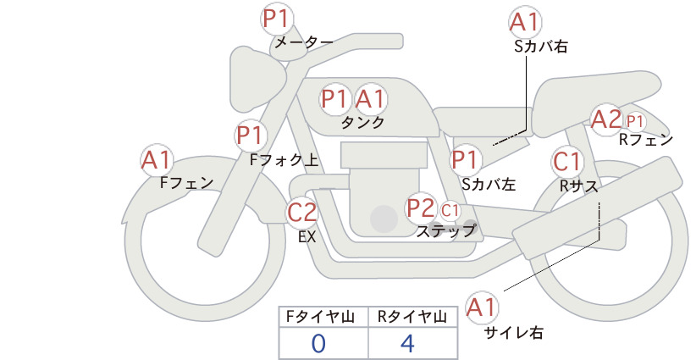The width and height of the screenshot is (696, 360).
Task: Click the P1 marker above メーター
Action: tap(277, 19)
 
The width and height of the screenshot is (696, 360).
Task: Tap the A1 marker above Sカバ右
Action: tap(525, 23)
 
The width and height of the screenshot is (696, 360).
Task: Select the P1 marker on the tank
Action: tap(334, 99)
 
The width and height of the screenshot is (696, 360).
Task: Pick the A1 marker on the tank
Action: tap(370, 99)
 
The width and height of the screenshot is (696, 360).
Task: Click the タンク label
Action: tap(362, 123)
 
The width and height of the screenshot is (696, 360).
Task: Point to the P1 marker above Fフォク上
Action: tap(251, 135)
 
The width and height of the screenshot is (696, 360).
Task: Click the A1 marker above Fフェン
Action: tap(157, 160)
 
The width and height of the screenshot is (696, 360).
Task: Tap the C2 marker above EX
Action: tap(301, 212)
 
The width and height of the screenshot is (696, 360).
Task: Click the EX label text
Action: tap(307, 237)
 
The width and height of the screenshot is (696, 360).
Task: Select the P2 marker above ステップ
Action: tap(420, 208)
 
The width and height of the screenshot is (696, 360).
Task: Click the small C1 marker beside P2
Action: tap(450, 210)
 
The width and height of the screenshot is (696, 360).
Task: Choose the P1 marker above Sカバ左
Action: tap(465, 159)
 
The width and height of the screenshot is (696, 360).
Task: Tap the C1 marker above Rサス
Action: tap(566, 161)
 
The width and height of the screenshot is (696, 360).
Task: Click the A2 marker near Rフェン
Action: tap(606, 119)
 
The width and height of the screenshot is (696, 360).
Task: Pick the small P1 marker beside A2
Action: tap(635, 121)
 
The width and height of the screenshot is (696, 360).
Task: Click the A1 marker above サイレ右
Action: tap(482, 307)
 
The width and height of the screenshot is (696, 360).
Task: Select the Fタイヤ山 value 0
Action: tap(318, 343)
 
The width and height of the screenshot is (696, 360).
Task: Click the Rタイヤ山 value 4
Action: tap(407, 343)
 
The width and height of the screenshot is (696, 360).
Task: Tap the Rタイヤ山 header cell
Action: tap(413, 317)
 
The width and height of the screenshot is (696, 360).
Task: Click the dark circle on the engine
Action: tap(384, 219)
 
